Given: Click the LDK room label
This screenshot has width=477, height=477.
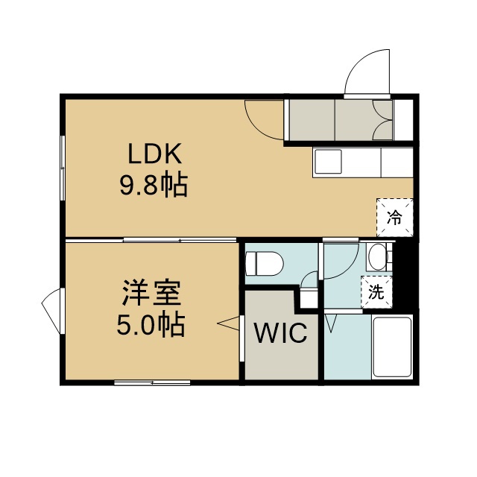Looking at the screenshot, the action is point(155,154).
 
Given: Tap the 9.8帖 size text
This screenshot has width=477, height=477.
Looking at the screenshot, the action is point(154,186).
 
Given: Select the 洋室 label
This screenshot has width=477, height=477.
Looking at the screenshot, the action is point(151,293).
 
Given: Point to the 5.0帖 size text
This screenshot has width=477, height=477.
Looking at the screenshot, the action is point(151,324).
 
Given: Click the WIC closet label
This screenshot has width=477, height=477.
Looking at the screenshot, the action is point(281,332).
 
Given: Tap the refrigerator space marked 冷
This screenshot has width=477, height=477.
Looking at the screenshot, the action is point(395,217).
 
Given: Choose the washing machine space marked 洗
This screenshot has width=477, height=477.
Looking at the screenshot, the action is point(376,292).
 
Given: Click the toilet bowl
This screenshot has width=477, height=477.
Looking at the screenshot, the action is point(264,263).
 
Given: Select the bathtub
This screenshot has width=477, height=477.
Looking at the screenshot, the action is point(392,347).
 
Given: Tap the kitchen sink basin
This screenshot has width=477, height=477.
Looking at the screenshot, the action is point(328,162).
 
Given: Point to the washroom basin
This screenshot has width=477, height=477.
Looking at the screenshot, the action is point(377,257).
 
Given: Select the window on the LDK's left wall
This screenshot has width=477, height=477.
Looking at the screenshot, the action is point(63,168).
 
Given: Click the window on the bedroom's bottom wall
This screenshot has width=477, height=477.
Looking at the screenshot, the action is point(152,382).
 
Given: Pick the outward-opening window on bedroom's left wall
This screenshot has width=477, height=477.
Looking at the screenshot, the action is point(51,311).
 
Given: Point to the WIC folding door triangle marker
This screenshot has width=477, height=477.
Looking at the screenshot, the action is point(229,323).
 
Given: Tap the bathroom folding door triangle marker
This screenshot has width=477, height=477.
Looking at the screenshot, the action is point(331,323).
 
